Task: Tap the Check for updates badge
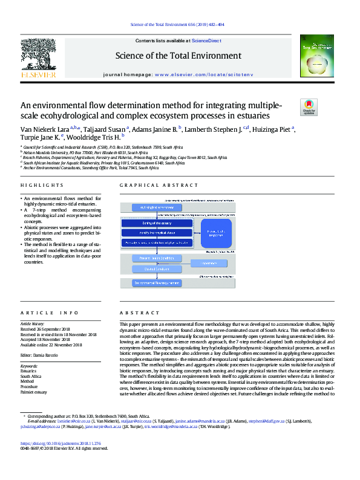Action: coord(309,108)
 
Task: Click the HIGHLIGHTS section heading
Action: coord(42,185)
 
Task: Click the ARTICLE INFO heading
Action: coord(50,313)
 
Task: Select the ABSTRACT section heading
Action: coord(137,313)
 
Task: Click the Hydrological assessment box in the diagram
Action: coord(156,207)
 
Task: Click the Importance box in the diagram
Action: coord(209,263)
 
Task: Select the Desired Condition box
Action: coord(156,269)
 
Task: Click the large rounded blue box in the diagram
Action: coord(220,233)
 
